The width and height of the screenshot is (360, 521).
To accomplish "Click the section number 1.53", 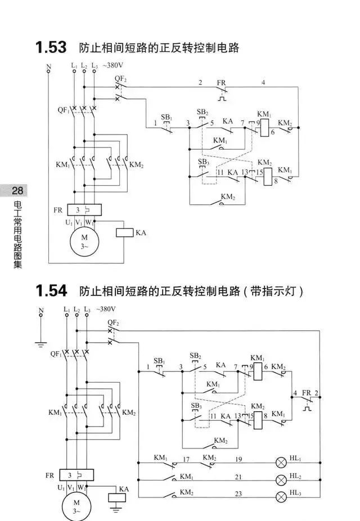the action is pos(51,47).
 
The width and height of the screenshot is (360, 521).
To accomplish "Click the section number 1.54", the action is pos(51,291).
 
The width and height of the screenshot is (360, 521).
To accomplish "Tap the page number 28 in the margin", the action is pos(17,191).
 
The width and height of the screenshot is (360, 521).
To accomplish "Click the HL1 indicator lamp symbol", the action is pos(282,462).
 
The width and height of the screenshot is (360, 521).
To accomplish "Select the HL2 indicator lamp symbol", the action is pos(282,480).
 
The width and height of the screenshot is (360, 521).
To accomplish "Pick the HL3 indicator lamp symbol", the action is pos(282,497).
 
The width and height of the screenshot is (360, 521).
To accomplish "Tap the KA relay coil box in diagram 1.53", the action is pos(124,232).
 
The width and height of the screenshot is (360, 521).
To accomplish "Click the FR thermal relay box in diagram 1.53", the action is pos(84,210).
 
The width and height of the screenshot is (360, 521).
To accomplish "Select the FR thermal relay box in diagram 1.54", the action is pos(76,475).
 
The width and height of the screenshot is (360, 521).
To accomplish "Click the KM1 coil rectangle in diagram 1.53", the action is pos(265,128).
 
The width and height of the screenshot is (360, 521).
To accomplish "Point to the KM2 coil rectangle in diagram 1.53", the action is pos(268,177).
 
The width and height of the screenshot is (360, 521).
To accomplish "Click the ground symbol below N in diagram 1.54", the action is pos(41,344).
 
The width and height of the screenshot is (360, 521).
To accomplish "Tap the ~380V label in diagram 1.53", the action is pos(112,65).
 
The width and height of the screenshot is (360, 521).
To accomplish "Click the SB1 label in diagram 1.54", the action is pos(159,361).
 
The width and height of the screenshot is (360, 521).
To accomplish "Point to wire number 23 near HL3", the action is pos(238,494).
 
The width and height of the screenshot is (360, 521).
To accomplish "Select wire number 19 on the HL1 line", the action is pos(238,459).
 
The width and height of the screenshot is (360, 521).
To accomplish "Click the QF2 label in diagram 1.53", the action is pos(120,79).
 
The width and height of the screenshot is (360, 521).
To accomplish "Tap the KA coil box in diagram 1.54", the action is pos(117,498).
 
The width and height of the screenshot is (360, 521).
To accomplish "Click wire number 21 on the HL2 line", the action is pos(238,477).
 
